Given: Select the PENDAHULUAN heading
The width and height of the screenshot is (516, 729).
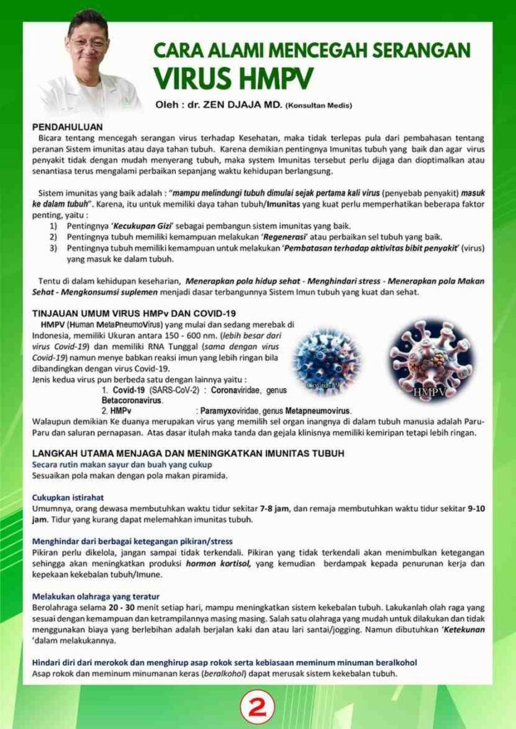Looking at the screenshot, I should pyautogui.click(x=66, y=124).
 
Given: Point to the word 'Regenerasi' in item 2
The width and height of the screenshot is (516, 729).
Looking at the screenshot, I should pyautogui.click(x=251, y=236).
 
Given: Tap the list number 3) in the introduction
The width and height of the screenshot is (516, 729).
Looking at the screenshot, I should pyautogui.click(x=53, y=248).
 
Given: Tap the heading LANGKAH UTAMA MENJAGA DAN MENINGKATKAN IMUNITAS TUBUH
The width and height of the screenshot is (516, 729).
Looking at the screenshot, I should pyautogui.click(x=189, y=453).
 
